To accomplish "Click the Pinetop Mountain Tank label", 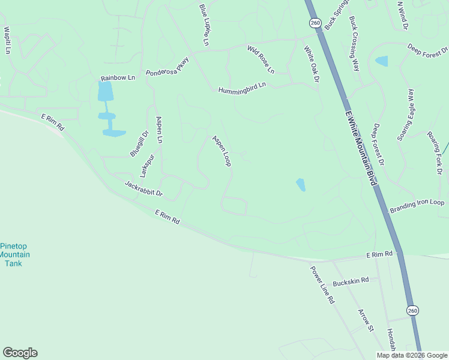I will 14,255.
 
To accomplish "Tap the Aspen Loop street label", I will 221,151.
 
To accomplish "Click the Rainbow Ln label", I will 118,78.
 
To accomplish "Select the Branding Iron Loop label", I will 417,206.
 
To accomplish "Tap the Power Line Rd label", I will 322,284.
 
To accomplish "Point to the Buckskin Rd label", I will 351,280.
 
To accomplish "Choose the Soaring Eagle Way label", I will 406,115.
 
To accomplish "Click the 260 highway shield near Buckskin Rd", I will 411,310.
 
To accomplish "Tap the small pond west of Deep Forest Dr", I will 381,61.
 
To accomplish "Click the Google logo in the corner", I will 20,353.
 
